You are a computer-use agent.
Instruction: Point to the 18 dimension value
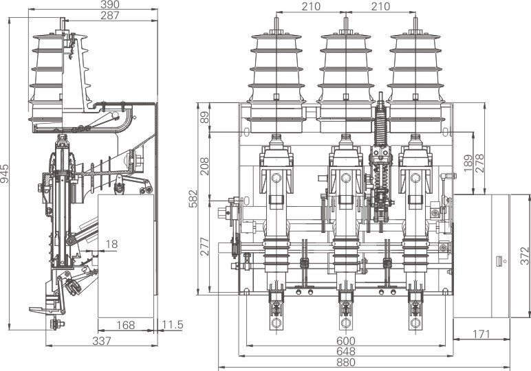tap(111, 243)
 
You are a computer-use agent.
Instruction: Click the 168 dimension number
tap(125, 325)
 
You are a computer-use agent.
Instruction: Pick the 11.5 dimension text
tap(172, 325)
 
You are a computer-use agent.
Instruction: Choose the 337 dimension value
tap(102, 341)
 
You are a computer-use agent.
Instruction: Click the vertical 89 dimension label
tap(204, 118)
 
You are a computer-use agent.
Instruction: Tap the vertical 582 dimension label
tap(194, 198)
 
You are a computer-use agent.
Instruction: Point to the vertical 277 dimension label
tap(204, 245)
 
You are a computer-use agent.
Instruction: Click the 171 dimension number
tap(481, 335)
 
